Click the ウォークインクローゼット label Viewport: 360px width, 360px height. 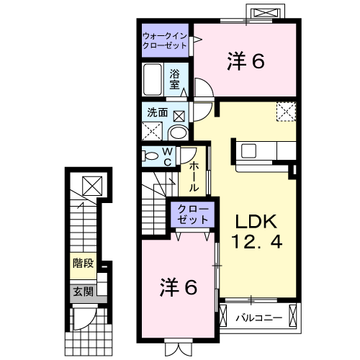(x=164, y=40)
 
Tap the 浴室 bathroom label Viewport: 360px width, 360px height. (x=176, y=78)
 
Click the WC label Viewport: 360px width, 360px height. (x=166, y=156)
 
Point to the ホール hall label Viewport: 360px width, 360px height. (x=194, y=176)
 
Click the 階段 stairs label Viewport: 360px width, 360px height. (x=82, y=263)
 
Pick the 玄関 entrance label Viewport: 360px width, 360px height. (x=82, y=292)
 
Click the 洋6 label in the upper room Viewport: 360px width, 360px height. (x=247, y=62)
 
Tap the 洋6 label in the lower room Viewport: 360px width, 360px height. (x=178, y=287)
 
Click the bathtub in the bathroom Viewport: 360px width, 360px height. (x=153, y=78)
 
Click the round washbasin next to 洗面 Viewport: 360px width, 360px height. (x=177, y=132)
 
